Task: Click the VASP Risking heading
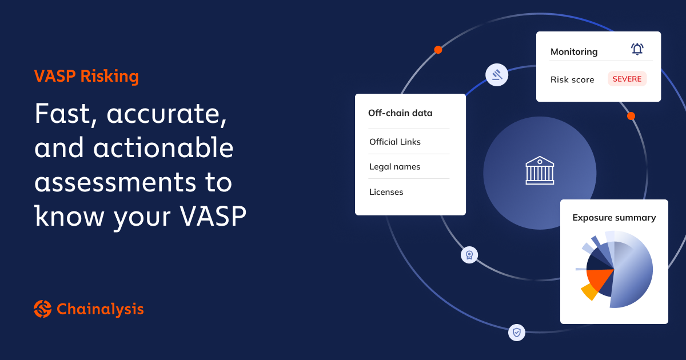click(x=86, y=77)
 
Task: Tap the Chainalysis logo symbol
click(x=43, y=309)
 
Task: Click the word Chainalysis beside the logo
click(x=100, y=309)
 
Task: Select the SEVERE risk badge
click(x=627, y=79)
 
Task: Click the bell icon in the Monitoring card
click(x=637, y=49)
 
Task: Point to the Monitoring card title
click(x=574, y=51)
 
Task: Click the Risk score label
click(x=572, y=79)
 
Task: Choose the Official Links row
click(x=395, y=142)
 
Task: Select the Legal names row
click(x=394, y=167)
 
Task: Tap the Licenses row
click(x=386, y=192)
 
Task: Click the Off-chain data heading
click(x=400, y=113)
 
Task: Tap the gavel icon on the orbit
click(x=496, y=75)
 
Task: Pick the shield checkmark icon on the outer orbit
click(x=517, y=332)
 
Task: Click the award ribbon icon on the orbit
click(x=469, y=255)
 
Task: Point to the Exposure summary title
click(x=614, y=218)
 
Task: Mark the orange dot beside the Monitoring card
click(x=631, y=116)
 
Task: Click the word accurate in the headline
click(x=167, y=115)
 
